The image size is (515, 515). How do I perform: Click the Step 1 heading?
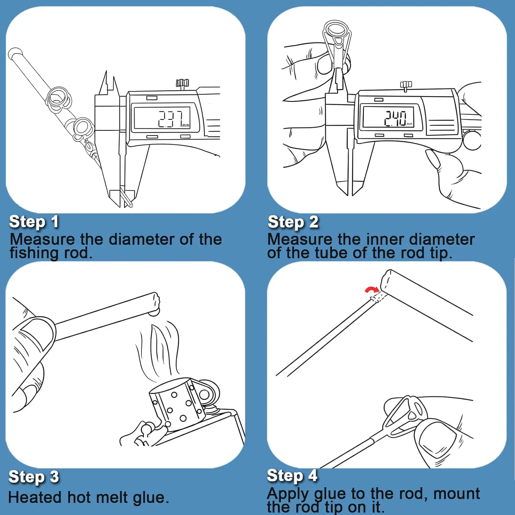[x=34, y=222]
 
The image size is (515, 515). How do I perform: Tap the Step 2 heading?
[x=293, y=222]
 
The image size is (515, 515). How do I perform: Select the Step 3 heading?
[x=34, y=477]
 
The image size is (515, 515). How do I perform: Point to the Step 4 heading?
[x=292, y=476]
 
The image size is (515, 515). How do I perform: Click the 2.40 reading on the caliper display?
[x=396, y=118]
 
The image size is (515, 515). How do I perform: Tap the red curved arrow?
[x=371, y=290]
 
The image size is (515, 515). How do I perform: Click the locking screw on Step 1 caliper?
[x=182, y=83]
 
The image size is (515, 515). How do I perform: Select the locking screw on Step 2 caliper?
[x=406, y=85]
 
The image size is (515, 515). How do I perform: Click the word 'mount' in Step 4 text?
[x=457, y=493]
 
